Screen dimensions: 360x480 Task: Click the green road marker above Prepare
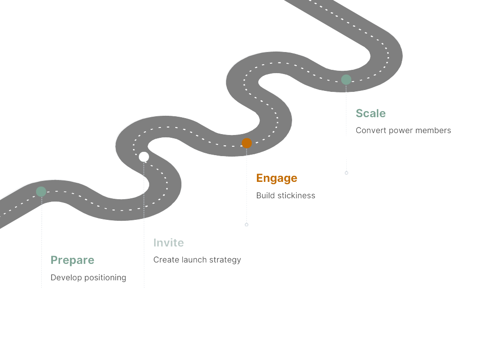[41, 191]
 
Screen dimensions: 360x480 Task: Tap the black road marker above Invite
[144, 157]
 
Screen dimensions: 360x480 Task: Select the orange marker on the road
[247, 143]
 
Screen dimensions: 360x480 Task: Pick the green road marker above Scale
[346, 80]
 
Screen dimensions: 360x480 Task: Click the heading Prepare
[72, 260]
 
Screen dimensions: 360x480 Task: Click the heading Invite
[168, 243]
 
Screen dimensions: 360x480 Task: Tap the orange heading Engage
[277, 178]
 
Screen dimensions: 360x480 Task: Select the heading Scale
[370, 113]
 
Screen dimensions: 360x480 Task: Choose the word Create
[166, 260]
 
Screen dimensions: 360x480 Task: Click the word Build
[265, 195]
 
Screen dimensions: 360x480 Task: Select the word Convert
[371, 130]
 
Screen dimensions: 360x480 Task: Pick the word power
[400, 131]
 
